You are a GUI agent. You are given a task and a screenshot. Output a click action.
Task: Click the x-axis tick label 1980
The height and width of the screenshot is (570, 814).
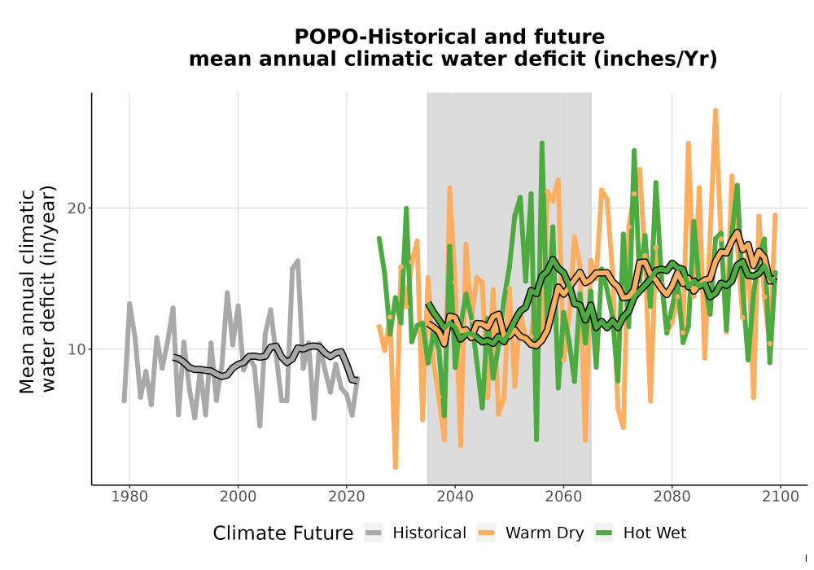129,497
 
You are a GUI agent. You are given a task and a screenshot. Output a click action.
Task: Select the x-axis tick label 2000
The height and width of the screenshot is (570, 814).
238,497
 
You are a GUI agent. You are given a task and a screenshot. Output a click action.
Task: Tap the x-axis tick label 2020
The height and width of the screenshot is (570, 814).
346,497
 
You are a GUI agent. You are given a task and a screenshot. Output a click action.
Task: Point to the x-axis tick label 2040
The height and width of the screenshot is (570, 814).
455,497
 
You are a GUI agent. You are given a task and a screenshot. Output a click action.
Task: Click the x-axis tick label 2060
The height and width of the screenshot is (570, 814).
563,497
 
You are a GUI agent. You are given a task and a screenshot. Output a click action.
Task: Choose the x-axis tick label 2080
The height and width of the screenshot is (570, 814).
672,497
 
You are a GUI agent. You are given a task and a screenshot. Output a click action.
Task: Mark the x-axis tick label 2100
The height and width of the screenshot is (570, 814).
781,497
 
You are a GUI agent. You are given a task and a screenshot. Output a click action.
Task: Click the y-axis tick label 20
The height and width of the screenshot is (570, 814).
77,208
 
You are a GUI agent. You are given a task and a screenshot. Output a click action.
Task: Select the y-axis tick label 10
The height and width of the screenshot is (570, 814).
77,349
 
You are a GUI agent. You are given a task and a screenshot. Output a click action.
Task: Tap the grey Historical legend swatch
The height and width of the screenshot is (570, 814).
374,533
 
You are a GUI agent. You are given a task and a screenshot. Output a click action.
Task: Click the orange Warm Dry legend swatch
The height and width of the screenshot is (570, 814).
486,533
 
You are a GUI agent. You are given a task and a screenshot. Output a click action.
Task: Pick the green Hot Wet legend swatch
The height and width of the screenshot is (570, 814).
604,533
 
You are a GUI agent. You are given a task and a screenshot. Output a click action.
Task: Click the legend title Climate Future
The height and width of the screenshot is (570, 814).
283,533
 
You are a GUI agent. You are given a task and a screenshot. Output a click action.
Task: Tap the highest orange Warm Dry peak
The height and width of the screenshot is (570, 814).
716,110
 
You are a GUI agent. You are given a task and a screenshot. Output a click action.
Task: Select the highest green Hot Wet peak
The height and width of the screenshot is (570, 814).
541,142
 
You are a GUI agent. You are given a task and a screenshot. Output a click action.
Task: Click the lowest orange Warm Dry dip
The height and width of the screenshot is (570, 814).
396,467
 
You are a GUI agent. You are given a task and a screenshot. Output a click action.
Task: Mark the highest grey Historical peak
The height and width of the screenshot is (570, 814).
297,261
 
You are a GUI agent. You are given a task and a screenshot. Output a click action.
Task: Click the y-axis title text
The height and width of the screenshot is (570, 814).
37,290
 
